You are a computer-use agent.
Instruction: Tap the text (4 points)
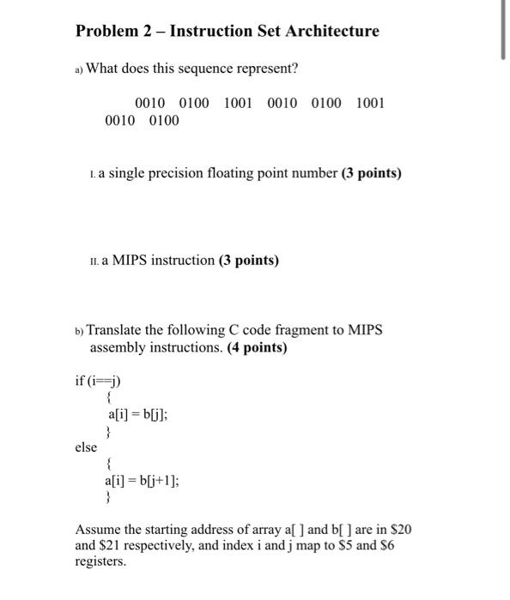[x=257, y=348]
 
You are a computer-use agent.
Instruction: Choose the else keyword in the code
[x=86, y=447]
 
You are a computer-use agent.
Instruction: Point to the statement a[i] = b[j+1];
[x=143, y=480]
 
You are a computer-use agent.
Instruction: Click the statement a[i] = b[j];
[x=137, y=415]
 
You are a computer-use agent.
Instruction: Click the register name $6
[x=386, y=545]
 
